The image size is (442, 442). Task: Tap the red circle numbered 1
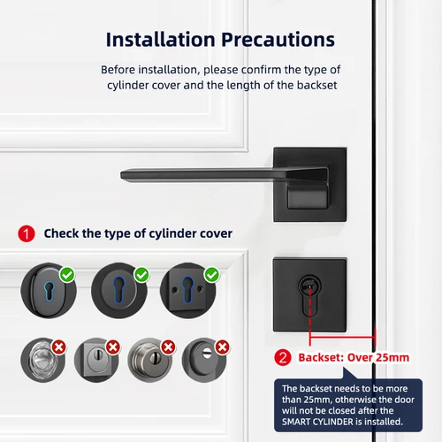pos(27,233)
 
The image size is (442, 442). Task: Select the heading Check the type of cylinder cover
pos(138,233)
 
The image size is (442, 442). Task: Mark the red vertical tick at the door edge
pos(375,336)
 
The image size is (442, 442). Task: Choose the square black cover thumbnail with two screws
pos(186,289)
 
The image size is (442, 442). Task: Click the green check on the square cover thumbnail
pos(210,276)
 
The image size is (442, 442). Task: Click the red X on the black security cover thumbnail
pos(223,347)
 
